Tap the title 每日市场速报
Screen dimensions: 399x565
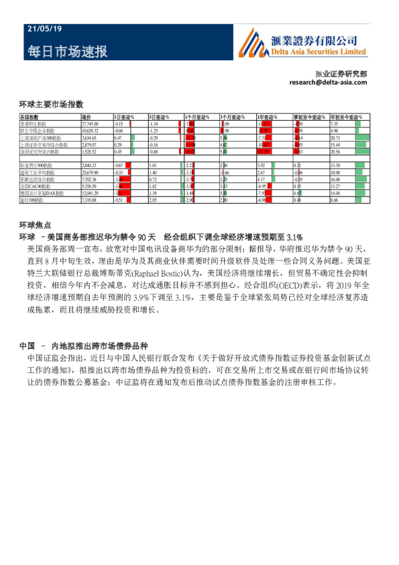click(67, 52)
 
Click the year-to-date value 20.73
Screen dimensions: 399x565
click(336, 138)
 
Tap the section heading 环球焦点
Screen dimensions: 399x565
click(36, 225)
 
